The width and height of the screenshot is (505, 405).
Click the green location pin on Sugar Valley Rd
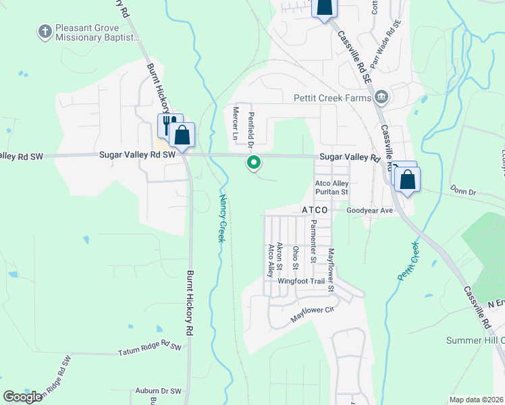click(x=255, y=162)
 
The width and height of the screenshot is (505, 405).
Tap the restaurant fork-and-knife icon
click(x=169, y=124)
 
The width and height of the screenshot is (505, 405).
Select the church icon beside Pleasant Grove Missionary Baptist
click(x=45, y=31)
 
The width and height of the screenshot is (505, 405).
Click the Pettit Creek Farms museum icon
click(x=382, y=98)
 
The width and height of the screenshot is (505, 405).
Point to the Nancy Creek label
click(x=222, y=218)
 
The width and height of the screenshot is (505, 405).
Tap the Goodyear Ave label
click(x=369, y=211)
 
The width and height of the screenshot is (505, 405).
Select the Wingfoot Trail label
click(x=302, y=281)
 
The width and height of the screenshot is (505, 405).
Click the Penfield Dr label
click(x=250, y=130)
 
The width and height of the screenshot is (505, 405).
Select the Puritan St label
click(x=331, y=192)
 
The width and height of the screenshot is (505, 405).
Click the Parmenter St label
click(x=313, y=241)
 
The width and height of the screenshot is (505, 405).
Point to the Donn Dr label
click(x=463, y=192)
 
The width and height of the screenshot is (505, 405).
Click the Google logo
click(x=23, y=397)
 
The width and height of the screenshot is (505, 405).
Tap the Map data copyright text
click(x=477, y=400)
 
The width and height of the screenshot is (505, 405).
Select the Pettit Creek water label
click(x=408, y=261)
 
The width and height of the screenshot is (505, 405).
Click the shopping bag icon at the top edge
click(x=324, y=7)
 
